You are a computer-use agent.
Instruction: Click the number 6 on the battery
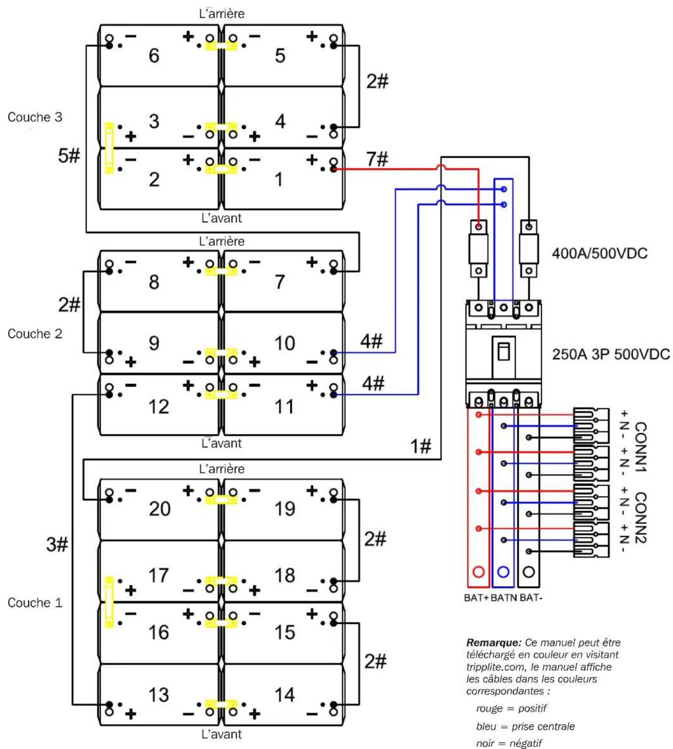tap(154, 56)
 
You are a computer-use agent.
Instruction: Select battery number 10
tap(284, 343)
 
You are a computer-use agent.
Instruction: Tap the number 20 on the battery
tap(159, 509)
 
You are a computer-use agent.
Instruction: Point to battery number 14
tap(284, 694)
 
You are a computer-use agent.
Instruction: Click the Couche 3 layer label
tap(35, 117)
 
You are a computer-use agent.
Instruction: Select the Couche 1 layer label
tap(35, 602)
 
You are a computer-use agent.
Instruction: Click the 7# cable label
tap(377, 159)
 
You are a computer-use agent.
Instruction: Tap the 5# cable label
tap(69, 156)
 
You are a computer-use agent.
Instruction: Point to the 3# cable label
tap(57, 545)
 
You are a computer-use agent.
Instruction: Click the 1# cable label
tap(421, 446)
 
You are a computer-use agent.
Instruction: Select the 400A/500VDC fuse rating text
tap(600, 253)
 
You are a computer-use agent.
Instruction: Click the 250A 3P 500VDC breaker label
tap(611, 354)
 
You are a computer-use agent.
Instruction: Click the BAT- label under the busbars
tap(531, 598)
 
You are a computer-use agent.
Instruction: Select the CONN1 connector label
tap(640, 447)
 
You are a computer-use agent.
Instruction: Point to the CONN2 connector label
tap(640, 518)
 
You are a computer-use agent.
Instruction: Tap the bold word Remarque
tap(494, 643)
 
